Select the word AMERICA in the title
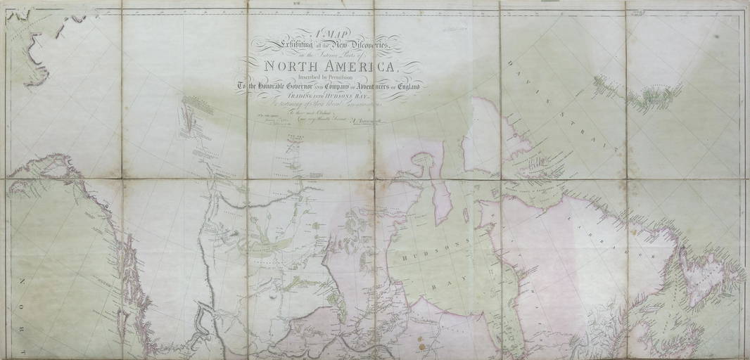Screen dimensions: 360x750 [x=359, y=67]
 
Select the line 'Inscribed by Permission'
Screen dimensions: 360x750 [x=328, y=77]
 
